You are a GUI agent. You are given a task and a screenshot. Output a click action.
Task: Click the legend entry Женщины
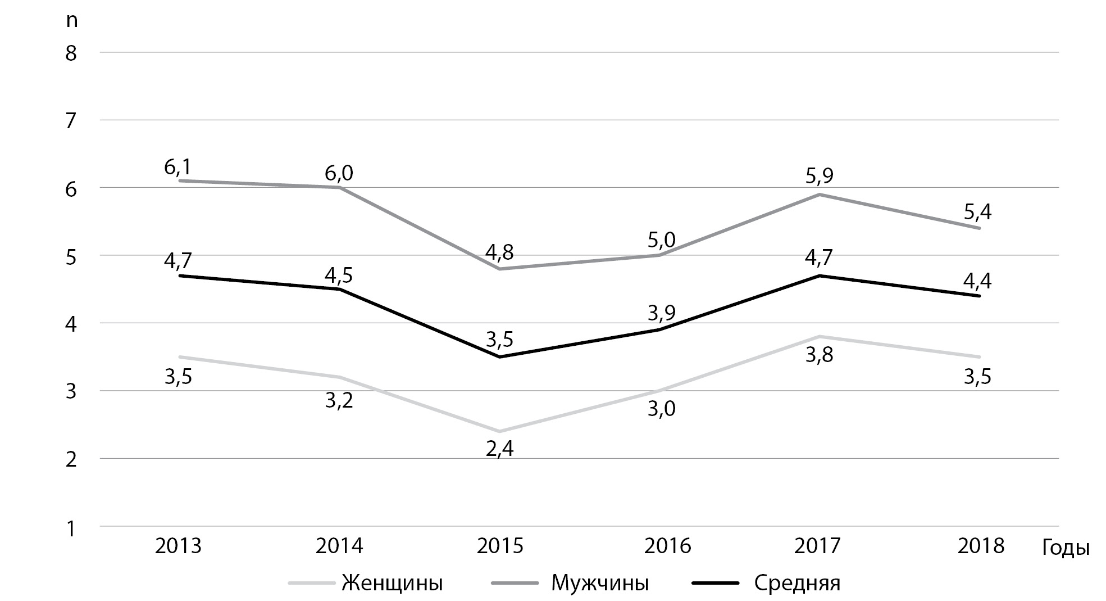[x=365, y=583]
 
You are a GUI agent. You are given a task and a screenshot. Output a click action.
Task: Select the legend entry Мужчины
[x=570, y=583]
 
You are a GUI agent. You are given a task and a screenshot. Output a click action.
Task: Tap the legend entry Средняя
[x=766, y=583]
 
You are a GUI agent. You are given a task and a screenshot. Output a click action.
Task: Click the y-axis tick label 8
[x=71, y=53]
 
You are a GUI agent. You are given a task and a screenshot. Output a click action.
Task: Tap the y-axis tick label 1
[x=71, y=528]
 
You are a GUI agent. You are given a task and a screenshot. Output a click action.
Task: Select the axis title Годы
[x=1066, y=548]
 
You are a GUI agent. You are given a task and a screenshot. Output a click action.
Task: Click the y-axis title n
[x=71, y=21]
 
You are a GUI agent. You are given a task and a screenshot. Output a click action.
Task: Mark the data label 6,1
[x=178, y=167]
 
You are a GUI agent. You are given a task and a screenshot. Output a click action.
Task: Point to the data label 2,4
[x=500, y=449]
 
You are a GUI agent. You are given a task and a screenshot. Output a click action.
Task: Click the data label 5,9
[x=820, y=176]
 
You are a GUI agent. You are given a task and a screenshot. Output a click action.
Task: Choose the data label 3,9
[x=662, y=313]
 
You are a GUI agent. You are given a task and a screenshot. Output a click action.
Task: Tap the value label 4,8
[x=500, y=252]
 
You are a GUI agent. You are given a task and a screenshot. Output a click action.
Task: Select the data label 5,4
[x=978, y=212]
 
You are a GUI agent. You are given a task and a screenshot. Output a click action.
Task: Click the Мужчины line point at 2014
[x=339, y=188]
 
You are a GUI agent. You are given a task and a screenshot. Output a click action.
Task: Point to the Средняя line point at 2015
[x=500, y=357]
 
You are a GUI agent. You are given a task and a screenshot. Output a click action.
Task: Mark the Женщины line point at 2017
[x=820, y=337]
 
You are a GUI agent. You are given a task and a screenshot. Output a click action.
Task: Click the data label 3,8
[x=820, y=355]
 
